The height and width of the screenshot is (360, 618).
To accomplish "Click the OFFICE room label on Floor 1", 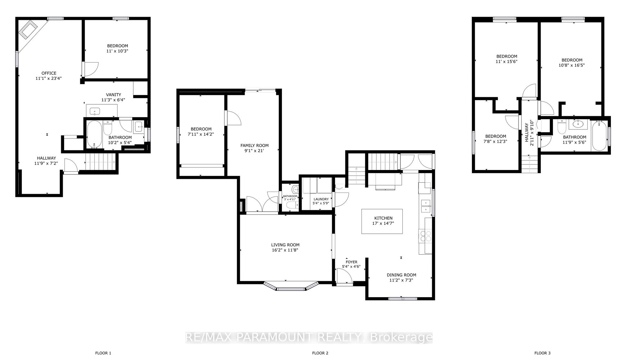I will (49, 73).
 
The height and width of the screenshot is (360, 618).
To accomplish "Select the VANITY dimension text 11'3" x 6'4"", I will (113, 100).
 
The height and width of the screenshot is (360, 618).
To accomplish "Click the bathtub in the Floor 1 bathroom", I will (94, 134).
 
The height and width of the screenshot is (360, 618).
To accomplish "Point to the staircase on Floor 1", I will (100, 161).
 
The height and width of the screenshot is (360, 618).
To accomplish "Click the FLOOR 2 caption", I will (320, 353).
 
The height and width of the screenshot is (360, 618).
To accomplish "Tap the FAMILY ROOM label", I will (254, 146).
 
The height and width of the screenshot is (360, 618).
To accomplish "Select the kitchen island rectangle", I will (382, 221).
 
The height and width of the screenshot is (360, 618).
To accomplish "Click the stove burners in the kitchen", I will (425, 236).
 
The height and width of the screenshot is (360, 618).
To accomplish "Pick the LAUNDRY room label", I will (321, 199).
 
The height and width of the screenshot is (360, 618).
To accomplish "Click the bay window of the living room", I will (291, 287).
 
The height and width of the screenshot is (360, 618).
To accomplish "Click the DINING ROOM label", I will (401, 275).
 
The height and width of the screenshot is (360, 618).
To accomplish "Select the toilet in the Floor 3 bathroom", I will (562, 127).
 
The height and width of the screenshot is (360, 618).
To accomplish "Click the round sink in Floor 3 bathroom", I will (578, 123).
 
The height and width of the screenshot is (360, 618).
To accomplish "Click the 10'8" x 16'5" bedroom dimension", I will (572, 65).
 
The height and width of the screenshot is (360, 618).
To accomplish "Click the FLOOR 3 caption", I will (542, 353).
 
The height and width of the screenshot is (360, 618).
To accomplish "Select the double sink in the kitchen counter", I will (426, 206).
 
